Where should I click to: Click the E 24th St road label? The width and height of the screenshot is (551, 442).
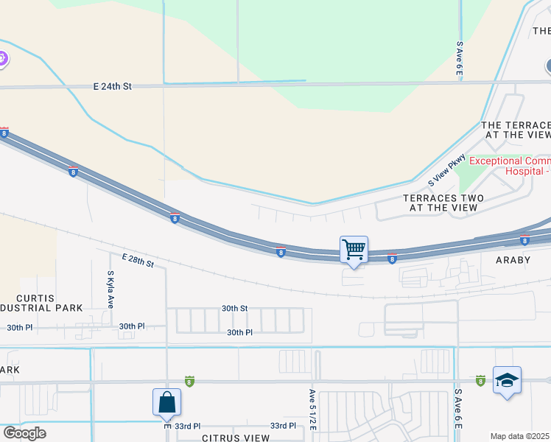click(x=112, y=86)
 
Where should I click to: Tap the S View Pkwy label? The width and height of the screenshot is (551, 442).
click(x=448, y=171)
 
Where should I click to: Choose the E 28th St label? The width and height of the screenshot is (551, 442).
click(x=138, y=259)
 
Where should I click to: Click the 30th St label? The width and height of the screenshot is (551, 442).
click(x=235, y=309)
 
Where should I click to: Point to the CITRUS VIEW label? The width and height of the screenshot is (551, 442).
click(x=236, y=438)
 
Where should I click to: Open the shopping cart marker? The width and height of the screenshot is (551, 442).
click(x=354, y=250)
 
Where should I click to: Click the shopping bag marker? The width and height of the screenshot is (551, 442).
click(x=167, y=402)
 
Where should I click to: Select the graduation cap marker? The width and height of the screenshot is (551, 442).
click(x=507, y=380)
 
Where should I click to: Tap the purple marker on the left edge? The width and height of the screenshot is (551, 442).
click(x=2, y=58)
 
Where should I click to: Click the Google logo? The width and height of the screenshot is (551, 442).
click(x=24, y=433)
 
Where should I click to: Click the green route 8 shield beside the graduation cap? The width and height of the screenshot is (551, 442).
click(x=480, y=380)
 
